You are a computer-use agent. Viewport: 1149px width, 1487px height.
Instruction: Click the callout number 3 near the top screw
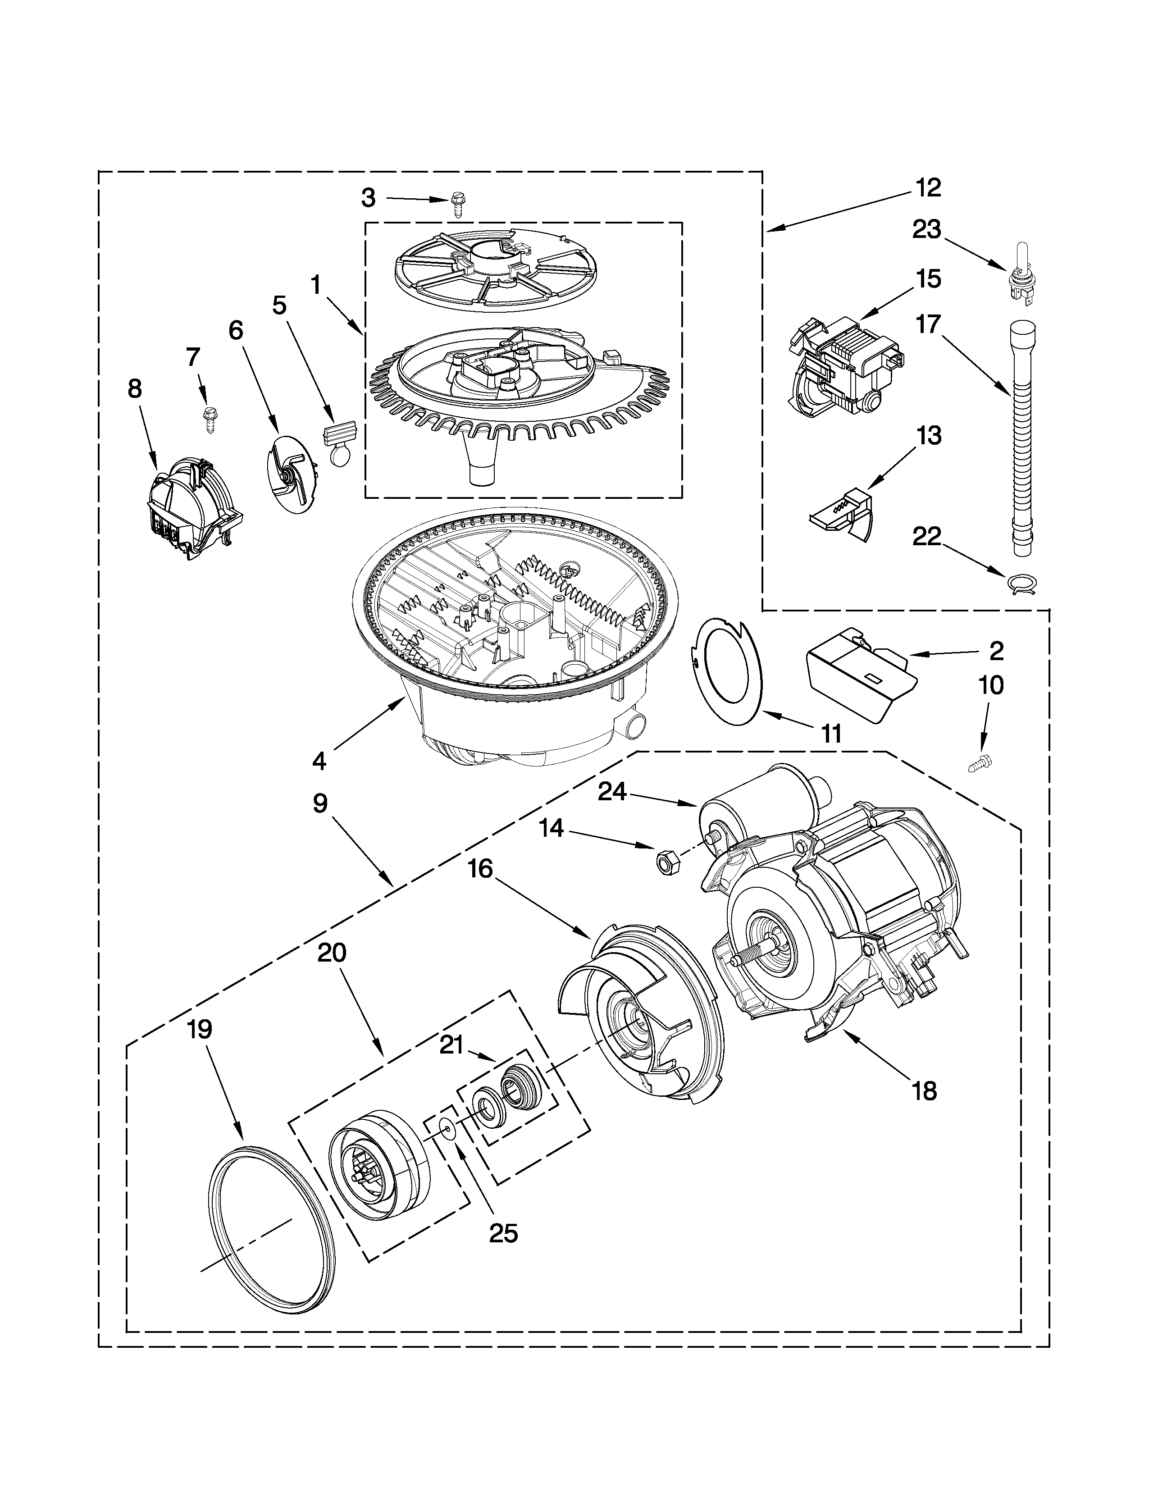click(368, 198)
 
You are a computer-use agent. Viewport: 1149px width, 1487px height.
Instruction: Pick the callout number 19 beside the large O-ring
click(200, 1029)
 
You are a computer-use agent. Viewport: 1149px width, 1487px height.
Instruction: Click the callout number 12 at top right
click(928, 187)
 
